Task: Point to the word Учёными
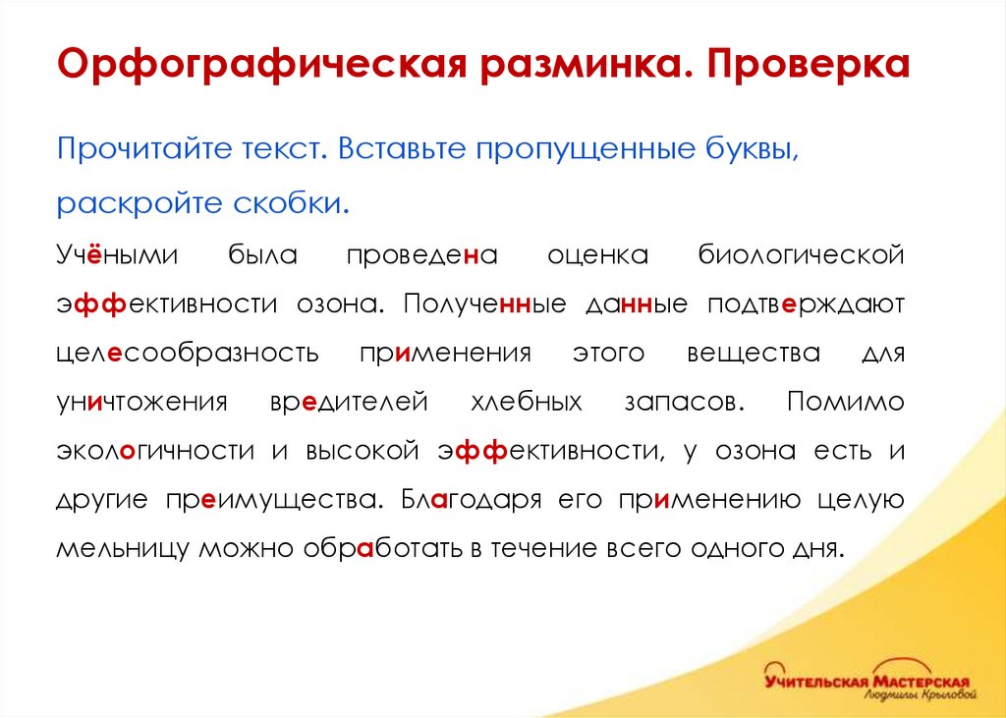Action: [x=116, y=256]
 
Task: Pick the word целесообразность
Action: [x=187, y=353]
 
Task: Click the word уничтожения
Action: [x=141, y=402]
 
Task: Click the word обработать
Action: [x=379, y=547]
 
